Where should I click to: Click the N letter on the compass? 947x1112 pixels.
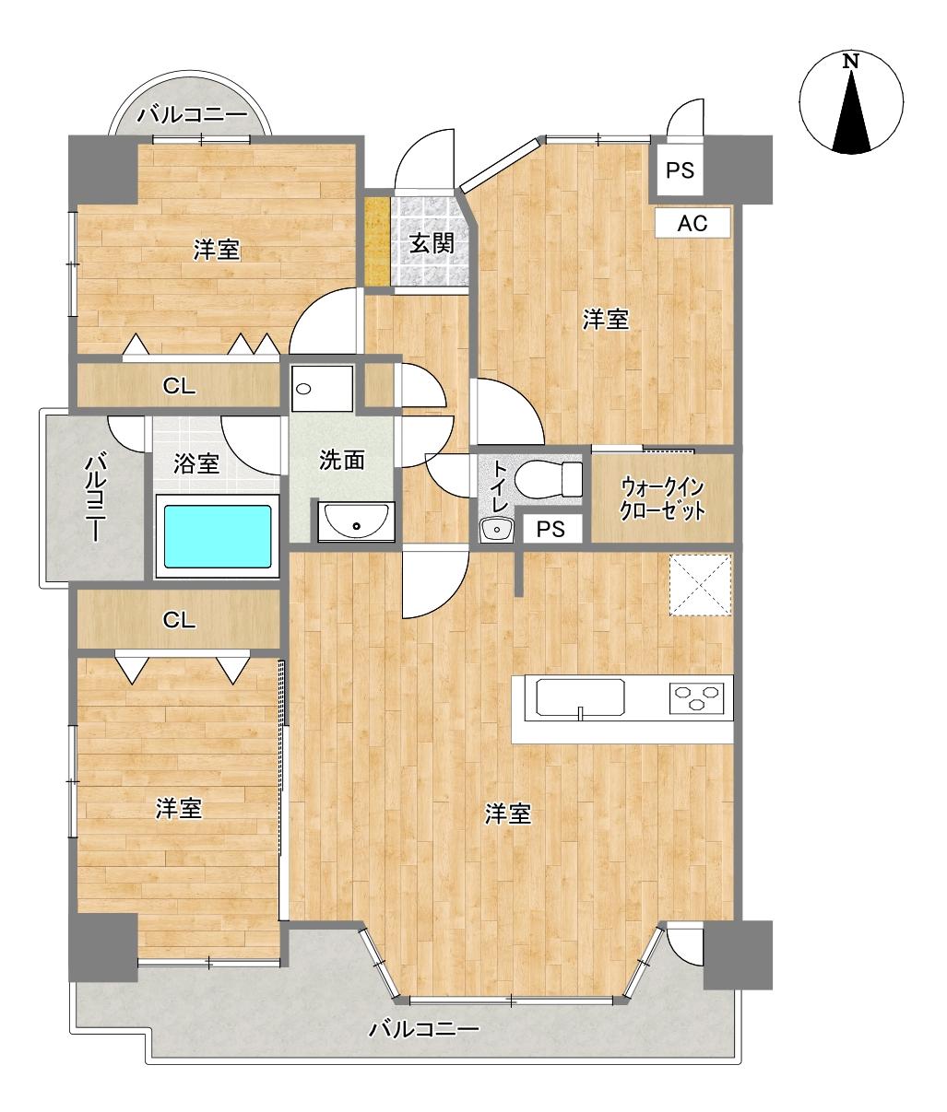pyautogui.click(x=850, y=62)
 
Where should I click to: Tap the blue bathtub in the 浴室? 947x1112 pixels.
pyautogui.click(x=218, y=536)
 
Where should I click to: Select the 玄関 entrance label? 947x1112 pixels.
pyautogui.click(x=432, y=244)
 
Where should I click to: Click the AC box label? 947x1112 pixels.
pyautogui.click(x=692, y=223)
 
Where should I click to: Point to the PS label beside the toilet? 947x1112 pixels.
pyautogui.click(x=550, y=530)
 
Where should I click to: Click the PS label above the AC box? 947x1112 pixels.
pyautogui.click(x=680, y=170)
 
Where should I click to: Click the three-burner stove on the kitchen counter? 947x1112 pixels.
pyautogui.click(x=697, y=698)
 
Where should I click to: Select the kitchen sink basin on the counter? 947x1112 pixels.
pyautogui.click(x=581, y=697)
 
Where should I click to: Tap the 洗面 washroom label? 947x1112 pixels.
pyautogui.click(x=341, y=461)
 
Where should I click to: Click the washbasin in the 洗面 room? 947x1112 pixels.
pyautogui.click(x=356, y=521)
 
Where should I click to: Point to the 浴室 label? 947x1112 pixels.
pyautogui.click(x=196, y=463)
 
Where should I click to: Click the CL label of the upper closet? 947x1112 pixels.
pyautogui.click(x=179, y=386)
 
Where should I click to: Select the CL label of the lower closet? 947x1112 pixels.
pyautogui.click(x=179, y=620)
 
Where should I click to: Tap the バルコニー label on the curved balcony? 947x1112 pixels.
pyautogui.click(x=192, y=115)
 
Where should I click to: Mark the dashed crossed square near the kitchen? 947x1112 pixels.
pyautogui.click(x=700, y=584)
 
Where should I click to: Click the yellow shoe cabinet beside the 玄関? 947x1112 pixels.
pyautogui.click(x=377, y=242)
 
